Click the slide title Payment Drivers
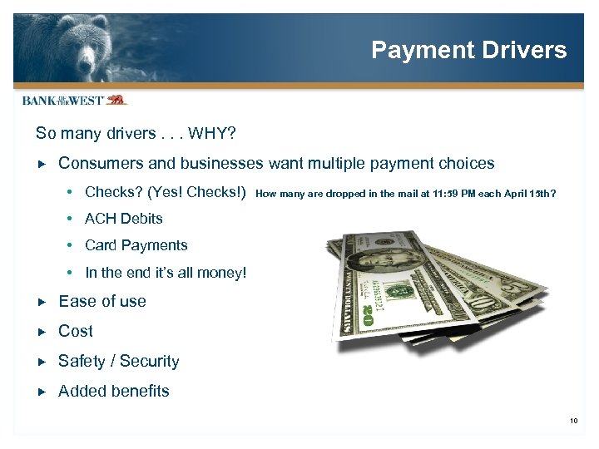pos(468,50)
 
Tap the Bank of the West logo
pos(73,101)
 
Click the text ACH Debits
pos(124,219)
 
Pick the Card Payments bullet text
pos(136,245)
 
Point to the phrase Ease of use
pos(102,302)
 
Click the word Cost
pos(76,331)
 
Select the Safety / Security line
pos(119,361)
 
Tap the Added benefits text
pos(114,391)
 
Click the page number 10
pos(574,421)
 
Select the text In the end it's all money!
pos(166,273)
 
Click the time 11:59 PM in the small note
pos(437,194)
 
